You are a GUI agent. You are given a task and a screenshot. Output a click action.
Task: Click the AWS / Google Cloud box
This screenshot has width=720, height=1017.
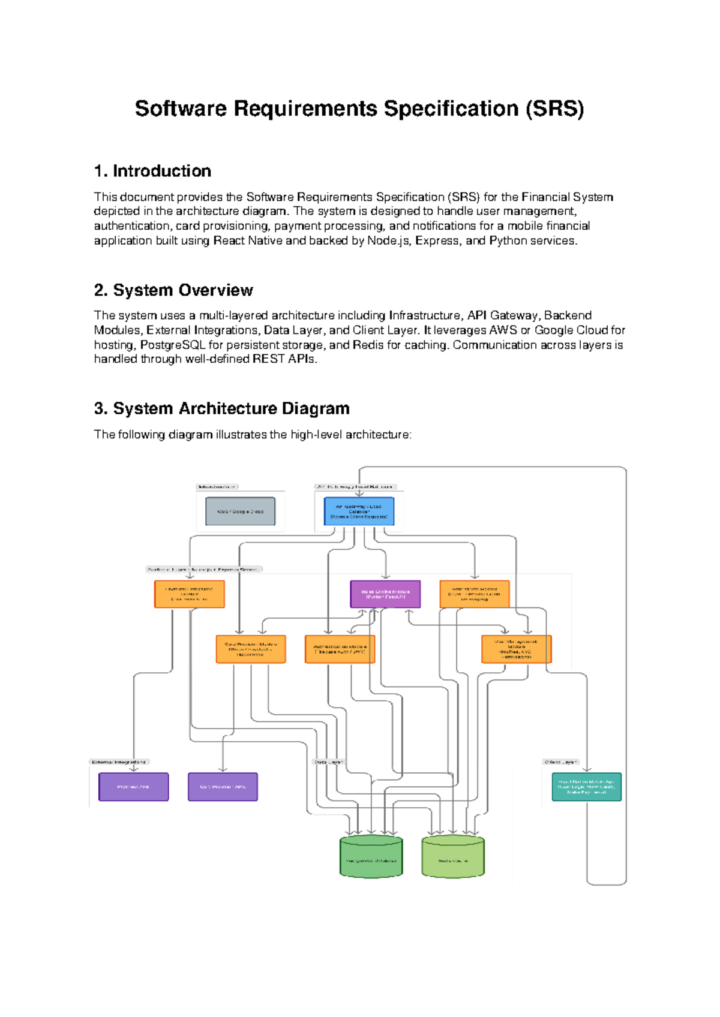[240, 511]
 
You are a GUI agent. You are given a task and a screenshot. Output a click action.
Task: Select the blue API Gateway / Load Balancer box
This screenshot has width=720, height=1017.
[359, 511]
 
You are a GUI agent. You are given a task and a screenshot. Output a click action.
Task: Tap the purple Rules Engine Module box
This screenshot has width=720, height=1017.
[385, 594]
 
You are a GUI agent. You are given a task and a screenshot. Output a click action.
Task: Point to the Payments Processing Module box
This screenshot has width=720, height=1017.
[189, 594]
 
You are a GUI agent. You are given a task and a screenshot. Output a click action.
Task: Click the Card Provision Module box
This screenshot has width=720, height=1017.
[251, 649]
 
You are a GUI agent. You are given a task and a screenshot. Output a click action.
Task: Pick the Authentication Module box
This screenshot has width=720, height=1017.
[340, 649]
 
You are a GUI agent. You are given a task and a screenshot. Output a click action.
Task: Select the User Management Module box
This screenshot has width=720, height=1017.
[516, 649]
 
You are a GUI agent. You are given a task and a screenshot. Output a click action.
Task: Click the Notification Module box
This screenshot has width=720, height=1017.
[474, 594]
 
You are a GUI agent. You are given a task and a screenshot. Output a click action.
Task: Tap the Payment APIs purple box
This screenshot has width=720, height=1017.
[133, 787]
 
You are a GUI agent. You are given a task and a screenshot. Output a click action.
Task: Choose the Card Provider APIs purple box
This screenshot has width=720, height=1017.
[223, 787]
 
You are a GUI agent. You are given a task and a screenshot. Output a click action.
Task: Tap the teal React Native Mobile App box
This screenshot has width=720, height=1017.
[586, 787]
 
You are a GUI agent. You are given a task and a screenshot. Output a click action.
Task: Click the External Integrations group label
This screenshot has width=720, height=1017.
[119, 762]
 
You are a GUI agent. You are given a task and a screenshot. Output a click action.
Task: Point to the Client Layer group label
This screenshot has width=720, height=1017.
[560, 762]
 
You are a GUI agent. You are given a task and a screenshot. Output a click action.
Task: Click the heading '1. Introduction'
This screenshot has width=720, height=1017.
[152, 171]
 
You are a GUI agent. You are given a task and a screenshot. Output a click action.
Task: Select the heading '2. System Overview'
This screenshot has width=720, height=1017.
[173, 290]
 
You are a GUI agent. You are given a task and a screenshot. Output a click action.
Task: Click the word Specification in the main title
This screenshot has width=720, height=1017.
[451, 109]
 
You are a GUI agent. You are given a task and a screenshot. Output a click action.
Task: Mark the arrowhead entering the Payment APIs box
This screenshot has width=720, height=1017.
[133, 769]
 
